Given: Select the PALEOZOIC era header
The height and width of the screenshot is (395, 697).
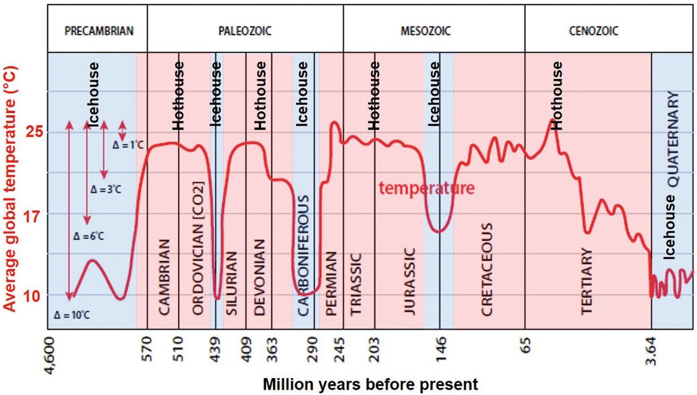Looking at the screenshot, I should (244, 31).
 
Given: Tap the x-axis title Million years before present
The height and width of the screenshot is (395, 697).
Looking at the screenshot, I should (370, 384).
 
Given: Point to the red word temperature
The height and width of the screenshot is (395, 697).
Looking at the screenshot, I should (426, 188).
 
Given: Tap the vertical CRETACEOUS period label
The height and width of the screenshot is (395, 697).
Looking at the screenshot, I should (487, 269).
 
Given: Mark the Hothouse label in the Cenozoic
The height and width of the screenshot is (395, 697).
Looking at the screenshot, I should (556, 95).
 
